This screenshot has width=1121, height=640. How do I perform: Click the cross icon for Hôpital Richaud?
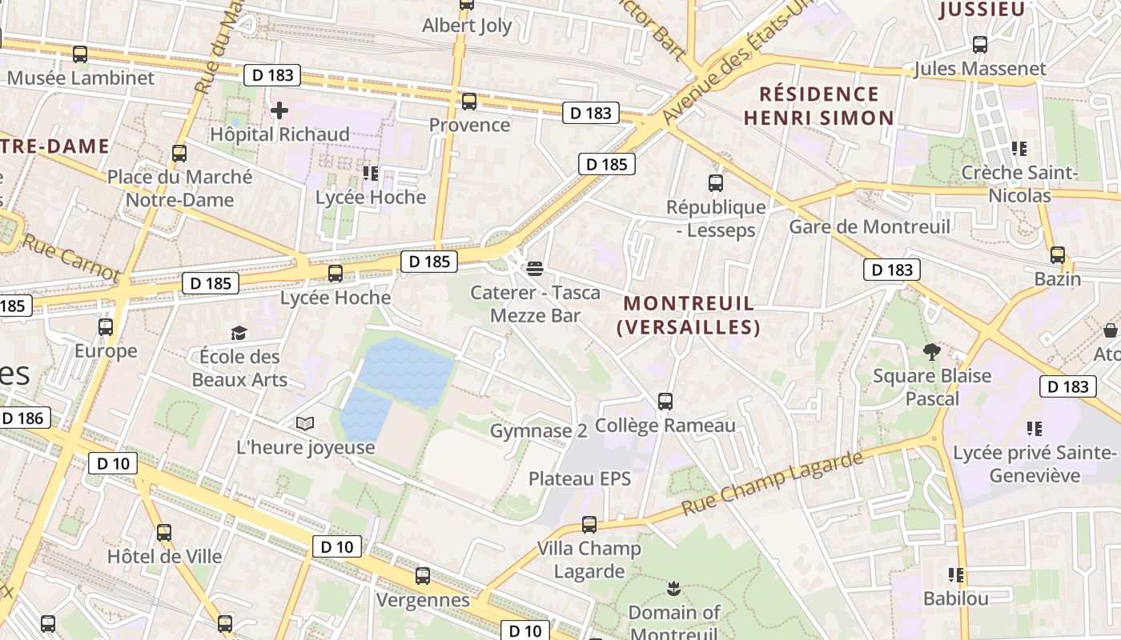(279, 110)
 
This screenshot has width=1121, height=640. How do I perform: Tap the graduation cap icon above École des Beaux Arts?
(239, 333)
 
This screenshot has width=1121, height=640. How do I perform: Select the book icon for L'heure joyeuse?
(305, 423)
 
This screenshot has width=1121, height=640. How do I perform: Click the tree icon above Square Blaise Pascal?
(931, 351)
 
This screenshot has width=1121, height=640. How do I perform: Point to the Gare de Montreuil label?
(870, 226)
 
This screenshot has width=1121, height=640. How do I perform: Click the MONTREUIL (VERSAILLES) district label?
(689, 315)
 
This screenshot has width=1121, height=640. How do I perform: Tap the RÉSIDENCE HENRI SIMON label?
(818, 106)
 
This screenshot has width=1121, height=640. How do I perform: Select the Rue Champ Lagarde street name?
(773, 483)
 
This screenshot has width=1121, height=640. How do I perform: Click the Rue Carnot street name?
(70, 258)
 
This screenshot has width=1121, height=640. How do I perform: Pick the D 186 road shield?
(22, 418)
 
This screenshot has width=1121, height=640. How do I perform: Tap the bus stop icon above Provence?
(469, 102)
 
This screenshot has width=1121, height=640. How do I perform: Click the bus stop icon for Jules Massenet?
(980, 45)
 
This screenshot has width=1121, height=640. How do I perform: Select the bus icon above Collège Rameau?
(665, 402)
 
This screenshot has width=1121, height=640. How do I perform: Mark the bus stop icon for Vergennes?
(423, 576)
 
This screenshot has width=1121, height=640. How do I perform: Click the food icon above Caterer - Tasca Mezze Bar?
(535, 267)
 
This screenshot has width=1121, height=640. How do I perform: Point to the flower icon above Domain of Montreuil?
(673, 589)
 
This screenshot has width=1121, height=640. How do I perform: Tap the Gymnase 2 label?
(538, 431)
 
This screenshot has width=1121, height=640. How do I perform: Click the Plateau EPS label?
(580, 479)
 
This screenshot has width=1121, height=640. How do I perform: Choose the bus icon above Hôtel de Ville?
(164, 532)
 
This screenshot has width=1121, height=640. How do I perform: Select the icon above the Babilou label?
(955, 575)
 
